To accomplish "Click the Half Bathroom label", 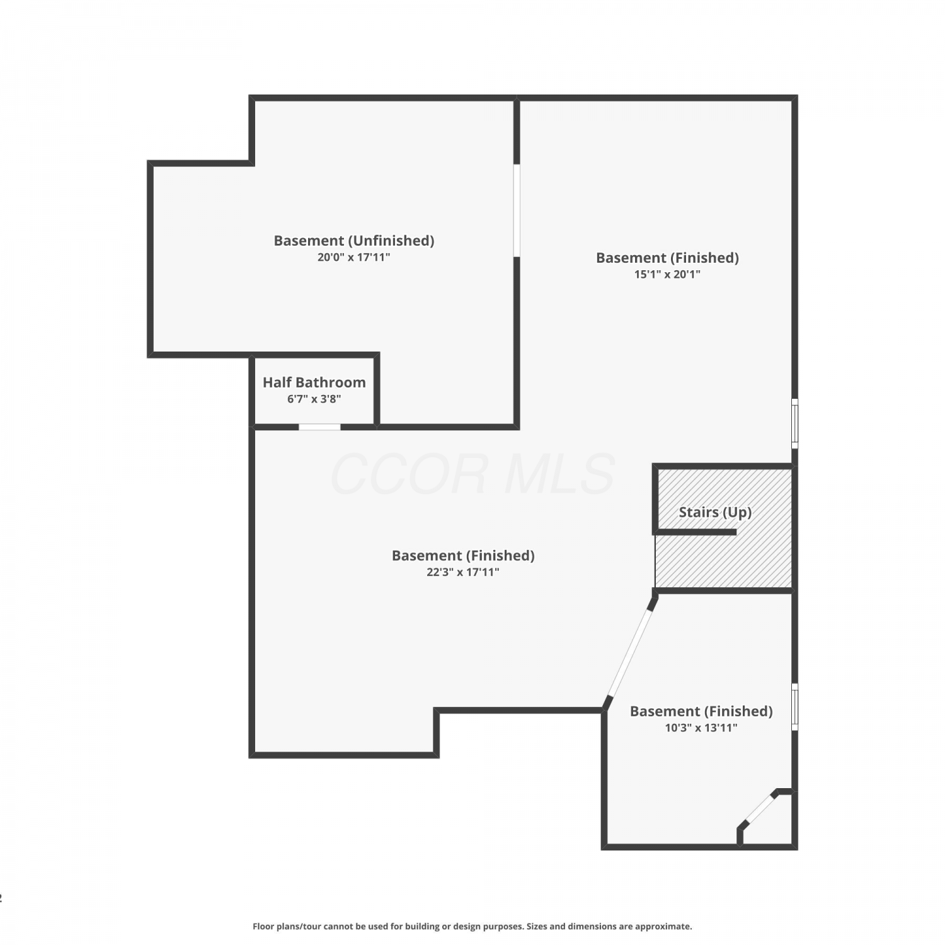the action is (x=314, y=382).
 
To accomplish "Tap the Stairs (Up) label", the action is (x=715, y=512).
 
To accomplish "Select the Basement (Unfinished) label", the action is (x=354, y=241).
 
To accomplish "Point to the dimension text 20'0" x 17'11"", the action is (x=354, y=257).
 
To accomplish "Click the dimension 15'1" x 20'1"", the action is (x=667, y=274).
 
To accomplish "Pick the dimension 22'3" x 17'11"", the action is (x=463, y=572).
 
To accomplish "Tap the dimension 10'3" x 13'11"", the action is (x=701, y=728).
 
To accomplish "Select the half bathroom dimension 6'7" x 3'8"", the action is (x=314, y=399).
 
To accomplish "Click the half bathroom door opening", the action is (x=319, y=427).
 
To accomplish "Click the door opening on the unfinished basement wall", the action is (x=517, y=210).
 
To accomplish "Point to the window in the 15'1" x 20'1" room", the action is (x=795, y=423).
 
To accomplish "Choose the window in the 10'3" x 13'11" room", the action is (x=795, y=707).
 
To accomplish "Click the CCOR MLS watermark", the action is (x=472, y=474).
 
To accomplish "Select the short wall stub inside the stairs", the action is (x=696, y=532).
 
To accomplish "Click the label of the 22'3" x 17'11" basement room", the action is (x=463, y=556).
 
